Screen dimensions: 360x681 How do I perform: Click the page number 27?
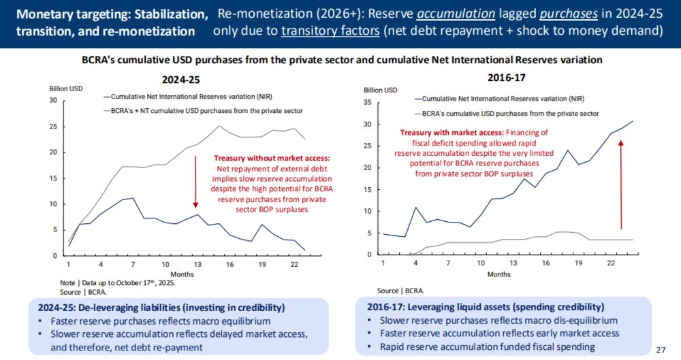(660, 350)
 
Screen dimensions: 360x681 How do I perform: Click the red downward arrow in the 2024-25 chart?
(195, 180)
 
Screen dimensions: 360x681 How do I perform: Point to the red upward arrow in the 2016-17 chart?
(621, 184)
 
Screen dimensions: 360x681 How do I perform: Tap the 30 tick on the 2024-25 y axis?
(52, 100)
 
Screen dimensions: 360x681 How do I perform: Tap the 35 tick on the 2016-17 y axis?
(368, 102)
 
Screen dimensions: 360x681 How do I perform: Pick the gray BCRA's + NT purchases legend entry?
(202, 110)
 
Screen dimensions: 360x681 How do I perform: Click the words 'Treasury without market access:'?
(272, 157)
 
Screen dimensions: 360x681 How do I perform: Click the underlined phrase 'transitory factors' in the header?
(326, 31)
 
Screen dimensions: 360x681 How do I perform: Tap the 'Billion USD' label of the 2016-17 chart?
(381, 90)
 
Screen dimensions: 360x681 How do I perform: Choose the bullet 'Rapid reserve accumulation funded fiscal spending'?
(488, 346)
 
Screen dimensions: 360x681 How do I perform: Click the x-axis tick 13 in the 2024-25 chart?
(196, 263)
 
